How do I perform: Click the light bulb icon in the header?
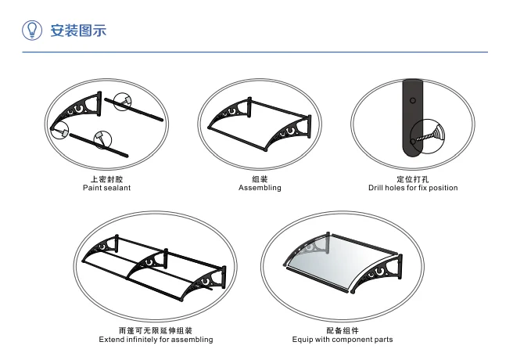tap(32, 30)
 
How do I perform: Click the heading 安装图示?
tap(77, 31)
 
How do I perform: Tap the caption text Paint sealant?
tap(106, 188)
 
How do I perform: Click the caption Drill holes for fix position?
tap(413, 188)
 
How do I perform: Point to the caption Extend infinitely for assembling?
tap(156, 340)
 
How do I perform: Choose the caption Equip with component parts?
tap(343, 340)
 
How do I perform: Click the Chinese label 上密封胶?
tap(106, 179)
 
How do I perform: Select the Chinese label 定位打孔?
tap(413, 179)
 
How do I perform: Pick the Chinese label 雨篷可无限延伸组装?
tap(156, 331)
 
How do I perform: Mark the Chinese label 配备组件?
tap(343, 331)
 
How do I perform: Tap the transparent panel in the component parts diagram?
tap(344, 262)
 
